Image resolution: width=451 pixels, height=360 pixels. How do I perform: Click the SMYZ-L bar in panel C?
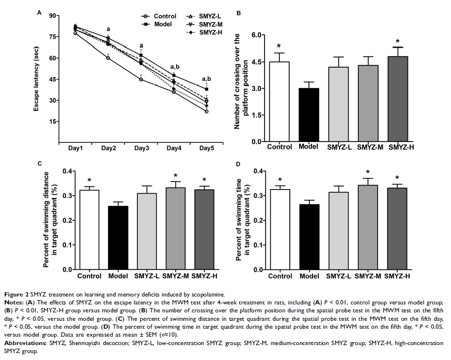(x=147, y=231)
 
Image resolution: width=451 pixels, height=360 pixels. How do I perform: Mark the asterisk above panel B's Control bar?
(x=279, y=46)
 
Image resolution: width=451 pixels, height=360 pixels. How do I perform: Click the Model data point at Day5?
(x=206, y=89)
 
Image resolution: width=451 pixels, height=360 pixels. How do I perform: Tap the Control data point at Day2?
(x=108, y=58)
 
